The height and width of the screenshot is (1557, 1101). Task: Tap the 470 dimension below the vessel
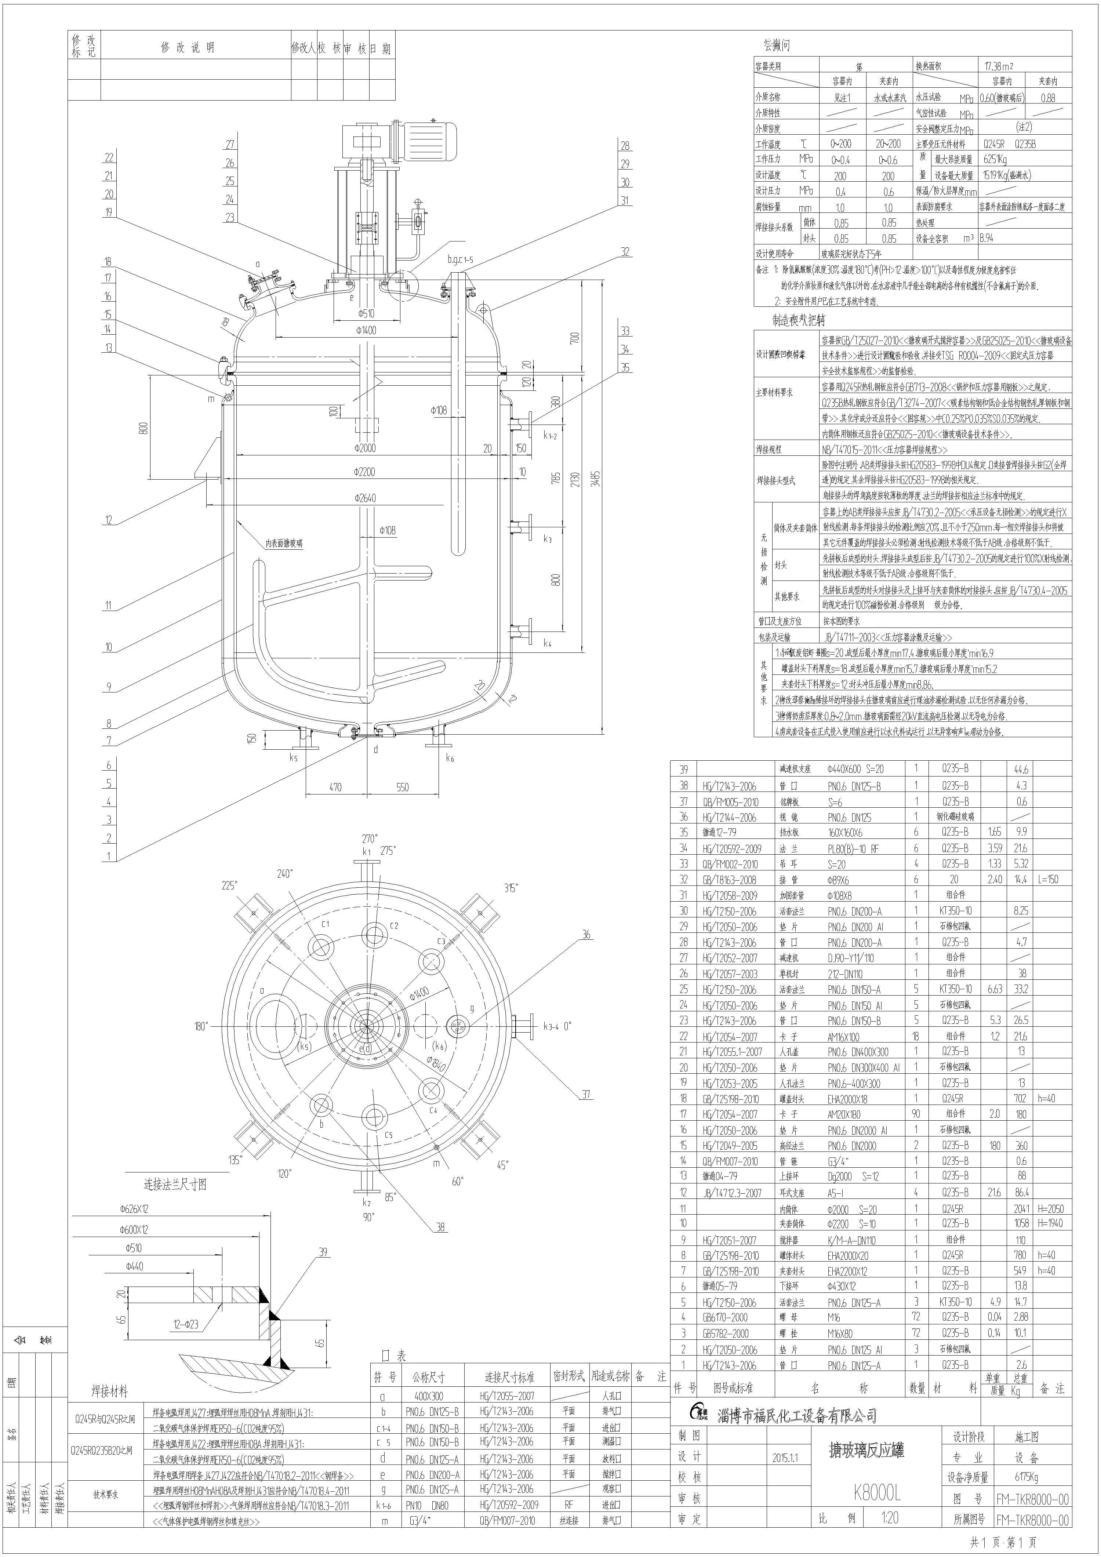click(335, 787)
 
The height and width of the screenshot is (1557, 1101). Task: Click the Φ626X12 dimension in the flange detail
click(134, 1208)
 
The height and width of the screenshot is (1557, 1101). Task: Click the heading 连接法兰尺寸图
click(175, 1184)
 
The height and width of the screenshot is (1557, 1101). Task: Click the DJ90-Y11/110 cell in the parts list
click(851, 957)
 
